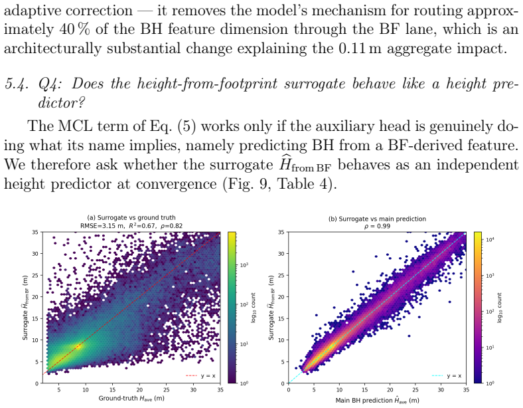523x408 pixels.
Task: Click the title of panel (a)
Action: pyautogui.click(x=131, y=218)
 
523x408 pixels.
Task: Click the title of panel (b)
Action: pyautogui.click(x=377, y=219)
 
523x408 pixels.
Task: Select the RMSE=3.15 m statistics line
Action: pyautogui.click(x=131, y=226)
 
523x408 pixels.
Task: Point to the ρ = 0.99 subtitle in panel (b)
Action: pyautogui.click(x=377, y=227)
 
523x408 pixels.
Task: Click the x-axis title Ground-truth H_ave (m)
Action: pyautogui.click(x=131, y=398)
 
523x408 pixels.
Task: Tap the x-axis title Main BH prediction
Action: pyautogui.click(x=377, y=400)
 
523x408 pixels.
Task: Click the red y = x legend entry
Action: pyautogui.click(x=200, y=375)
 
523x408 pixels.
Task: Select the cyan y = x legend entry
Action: pyautogui.click(x=447, y=375)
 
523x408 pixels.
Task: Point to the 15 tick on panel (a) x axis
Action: pyautogui.click(x=112, y=389)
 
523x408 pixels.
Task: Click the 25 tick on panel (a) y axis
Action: pyautogui.click(x=35, y=275)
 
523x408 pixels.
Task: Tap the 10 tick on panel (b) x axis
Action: pyautogui.click(x=339, y=389)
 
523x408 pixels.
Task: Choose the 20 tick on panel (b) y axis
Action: pyautogui.click(x=281, y=297)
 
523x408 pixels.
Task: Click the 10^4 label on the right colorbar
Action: pyautogui.click(x=489, y=240)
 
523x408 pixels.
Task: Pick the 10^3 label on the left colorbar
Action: pyautogui.click(x=244, y=265)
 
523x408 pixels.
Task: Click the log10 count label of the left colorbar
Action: pyautogui.click(x=253, y=308)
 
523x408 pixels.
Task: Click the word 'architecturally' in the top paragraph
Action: pyautogui.click(x=52, y=49)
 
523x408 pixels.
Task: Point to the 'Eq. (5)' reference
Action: pyautogui.click(x=173, y=126)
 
